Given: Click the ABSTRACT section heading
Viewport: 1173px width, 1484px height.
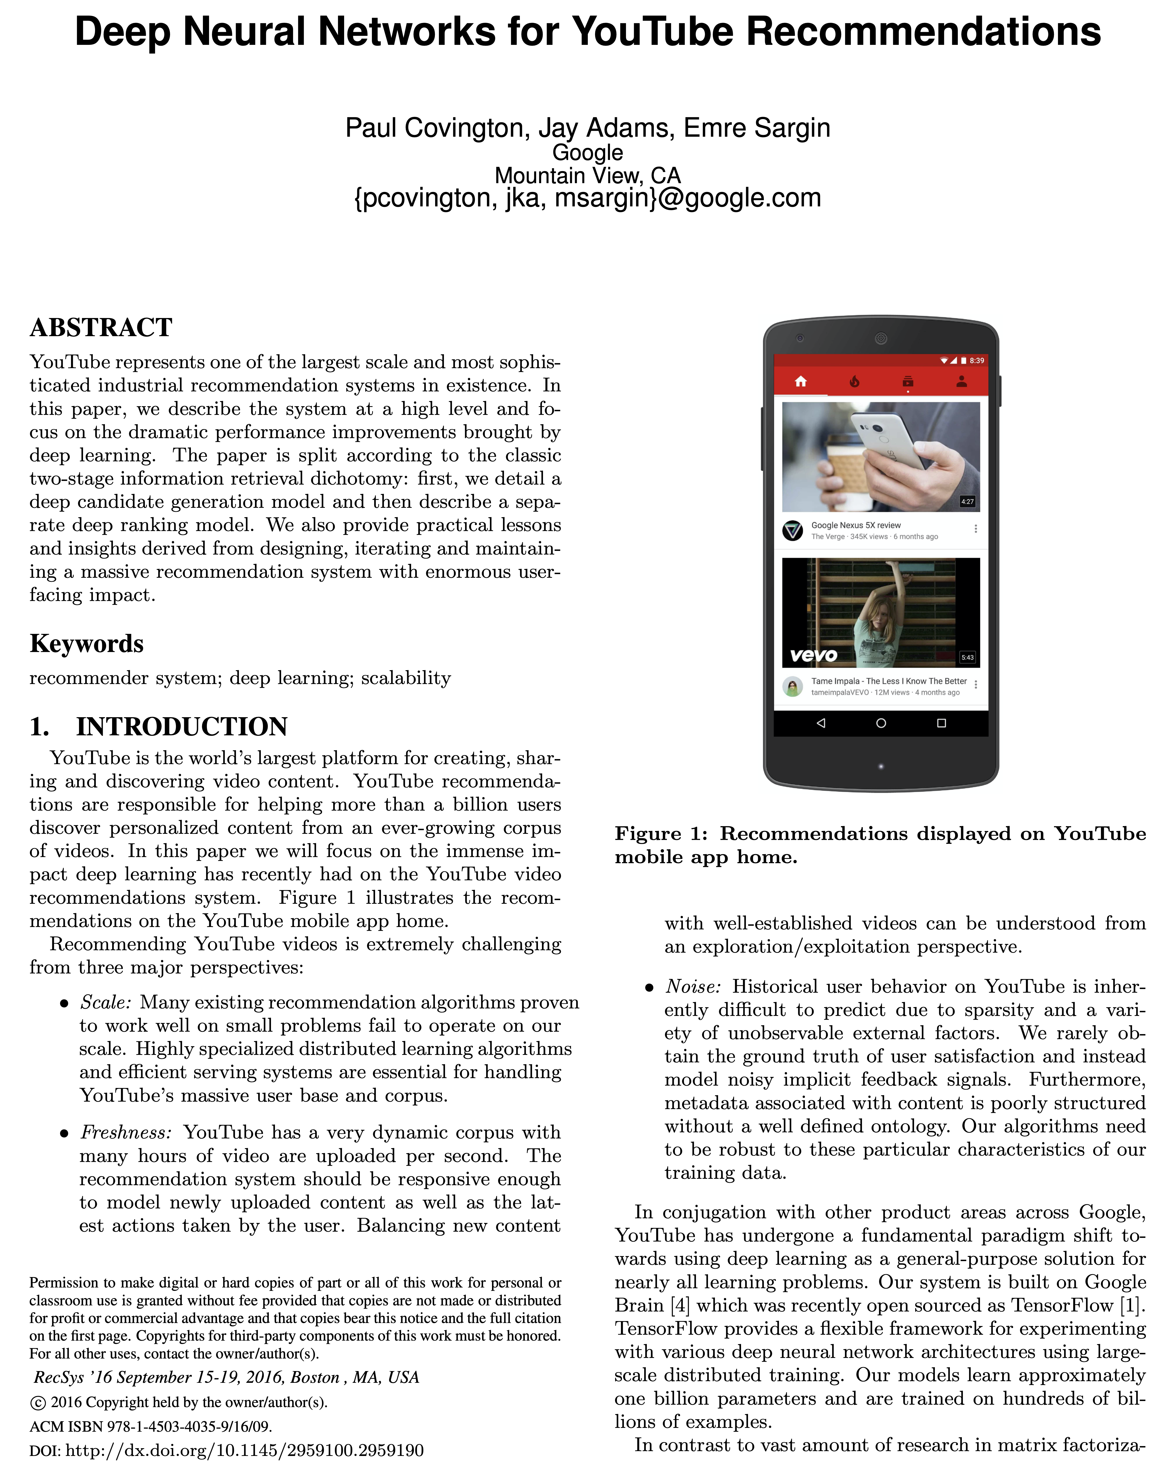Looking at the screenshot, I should pyautogui.click(x=101, y=328).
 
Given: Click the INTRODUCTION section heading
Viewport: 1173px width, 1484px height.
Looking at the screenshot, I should pyautogui.click(x=181, y=727).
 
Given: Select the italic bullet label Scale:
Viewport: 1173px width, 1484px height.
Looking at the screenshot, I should pyautogui.click(x=106, y=1003).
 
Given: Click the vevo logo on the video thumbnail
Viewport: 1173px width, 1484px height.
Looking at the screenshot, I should pyautogui.click(x=814, y=655).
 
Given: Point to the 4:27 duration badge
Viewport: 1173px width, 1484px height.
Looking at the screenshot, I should pyautogui.click(x=967, y=502).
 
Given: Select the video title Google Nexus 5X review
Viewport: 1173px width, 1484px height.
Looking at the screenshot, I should pyautogui.click(x=856, y=525).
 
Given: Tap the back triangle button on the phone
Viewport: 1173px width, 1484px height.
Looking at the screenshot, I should pyautogui.click(x=821, y=723).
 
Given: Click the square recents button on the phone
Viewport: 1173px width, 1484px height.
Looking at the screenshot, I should pyautogui.click(x=942, y=723).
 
